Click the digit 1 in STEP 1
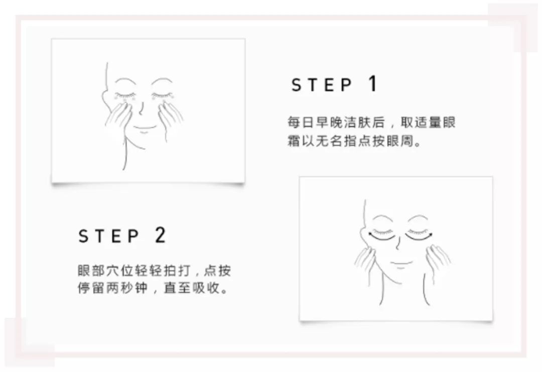(x=372, y=83)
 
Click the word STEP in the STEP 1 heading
(x=322, y=85)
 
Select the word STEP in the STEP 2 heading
(x=108, y=236)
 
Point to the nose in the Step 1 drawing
(x=141, y=109)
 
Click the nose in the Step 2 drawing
(x=398, y=244)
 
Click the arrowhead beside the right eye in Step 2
(x=431, y=235)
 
